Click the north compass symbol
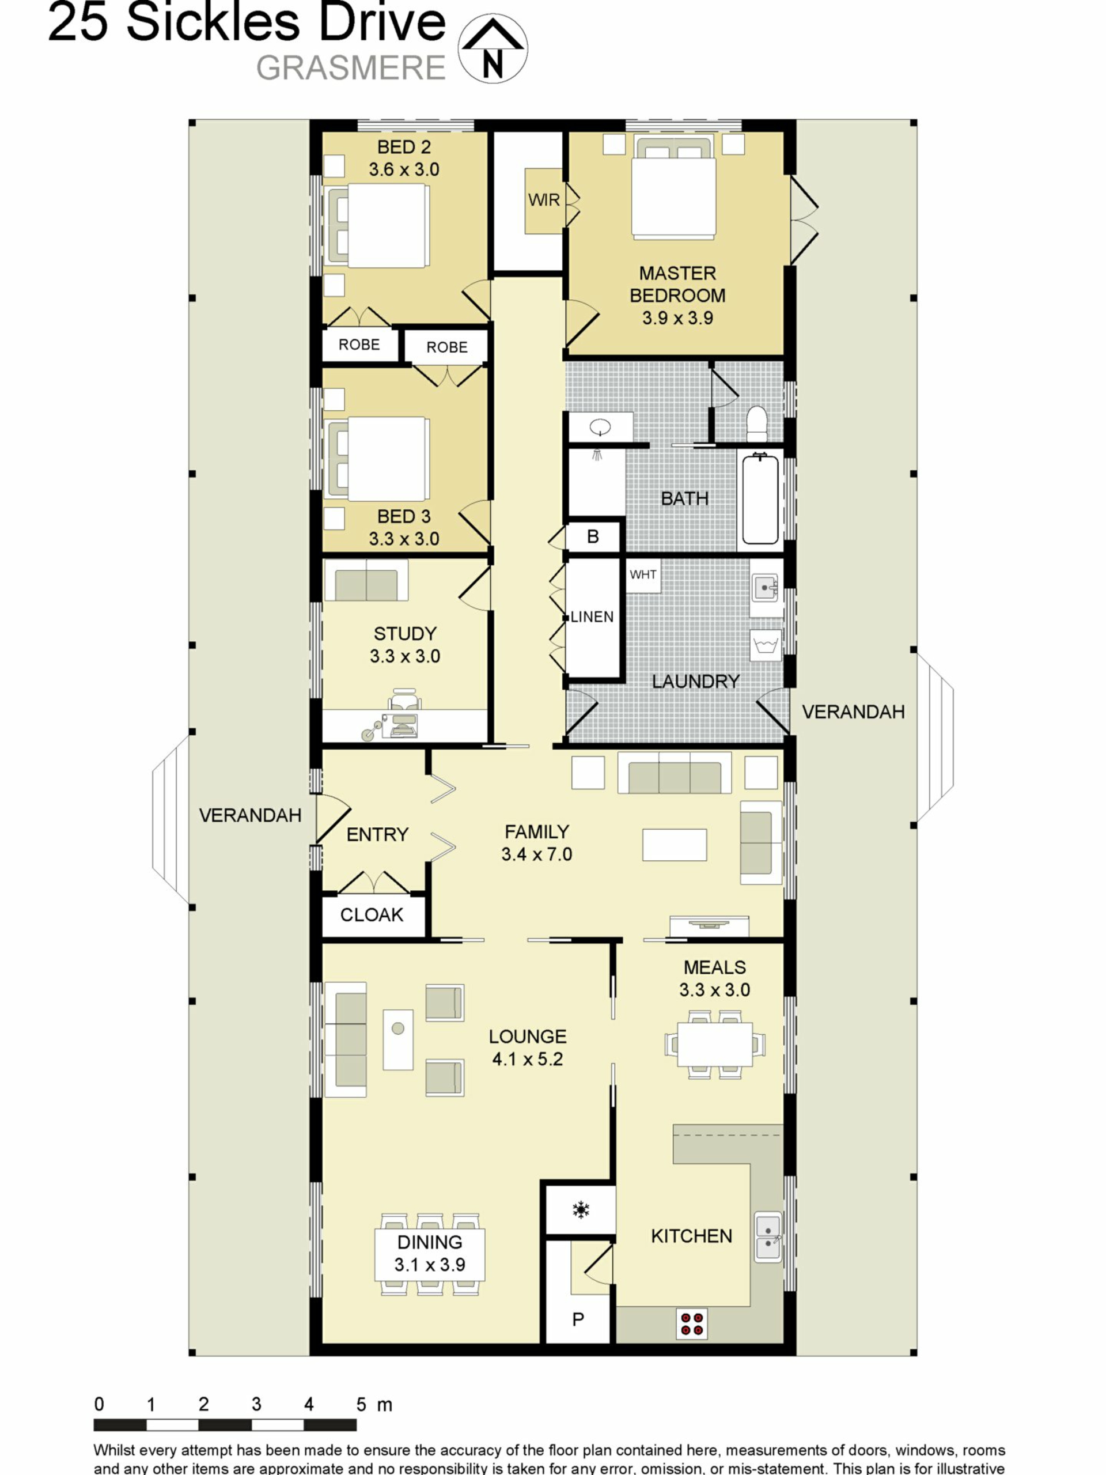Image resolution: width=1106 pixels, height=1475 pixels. pyautogui.click(x=492, y=48)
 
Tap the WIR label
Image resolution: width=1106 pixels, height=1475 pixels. pyautogui.click(x=544, y=200)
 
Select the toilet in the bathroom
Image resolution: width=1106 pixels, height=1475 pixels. pyautogui.click(x=757, y=424)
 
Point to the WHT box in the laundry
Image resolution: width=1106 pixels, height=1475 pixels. pyautogui.click(x=643, y=575)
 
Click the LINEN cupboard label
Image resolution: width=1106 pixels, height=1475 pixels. pyautogui.click(x=592, y=617)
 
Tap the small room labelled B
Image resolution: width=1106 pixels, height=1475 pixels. pyautogui.click(x=593, y=537)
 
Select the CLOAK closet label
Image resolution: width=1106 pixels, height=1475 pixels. pyautogui.click(x=372, y=915)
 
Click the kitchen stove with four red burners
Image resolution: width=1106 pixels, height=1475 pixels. pyautogui.click(x=691, y=1323)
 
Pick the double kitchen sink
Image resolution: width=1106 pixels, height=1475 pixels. pyautogui.click(x=768, y=1237)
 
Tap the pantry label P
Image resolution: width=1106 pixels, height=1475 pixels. pyautogui.click(x=578, y=1319)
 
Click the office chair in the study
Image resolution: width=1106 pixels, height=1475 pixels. pyautogui.click(x=404, y=701)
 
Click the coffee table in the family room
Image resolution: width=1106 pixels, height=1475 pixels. pyautogui.click(x=674, y=844)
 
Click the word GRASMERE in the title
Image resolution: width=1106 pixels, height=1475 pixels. pyautogui.click(x=351, y=68)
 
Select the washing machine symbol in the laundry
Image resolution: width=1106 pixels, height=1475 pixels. pyautogui.click(x=766, y=645)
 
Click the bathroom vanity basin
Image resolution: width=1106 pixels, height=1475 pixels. pyautogui.click(x=601, y=427)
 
